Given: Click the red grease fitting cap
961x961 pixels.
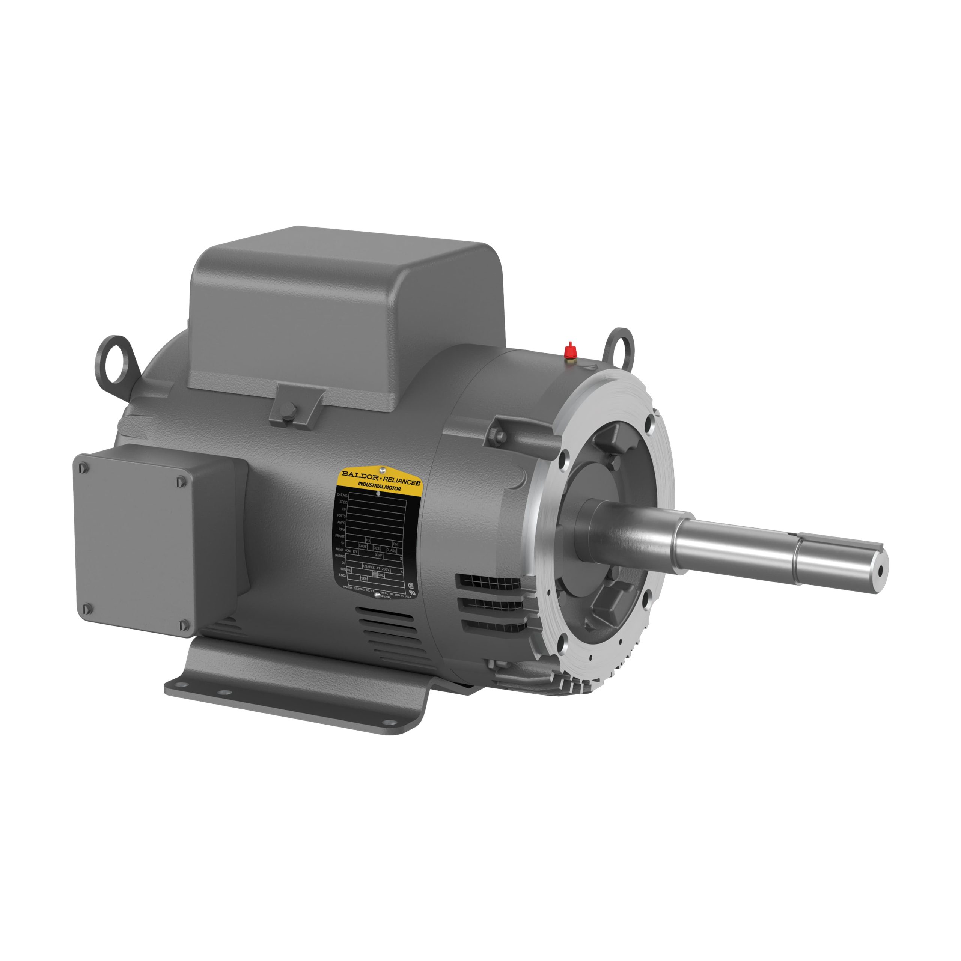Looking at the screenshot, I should (x=570, y=351).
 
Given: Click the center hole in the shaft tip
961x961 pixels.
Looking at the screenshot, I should (x=880, y=571).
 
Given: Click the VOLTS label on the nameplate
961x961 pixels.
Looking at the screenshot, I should (x=341, y=516).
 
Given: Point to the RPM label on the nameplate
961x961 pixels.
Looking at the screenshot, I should (x=341, y=529).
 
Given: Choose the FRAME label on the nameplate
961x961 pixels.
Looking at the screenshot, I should (x=340, y=536).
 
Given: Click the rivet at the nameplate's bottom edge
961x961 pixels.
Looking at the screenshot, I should (x=377, y=592).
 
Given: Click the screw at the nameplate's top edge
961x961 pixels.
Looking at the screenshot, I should (x=381, y=468).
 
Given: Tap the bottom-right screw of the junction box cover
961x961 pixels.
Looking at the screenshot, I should (x=184, y=624).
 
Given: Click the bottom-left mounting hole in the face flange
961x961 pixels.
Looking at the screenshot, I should (x=562, y=646).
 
